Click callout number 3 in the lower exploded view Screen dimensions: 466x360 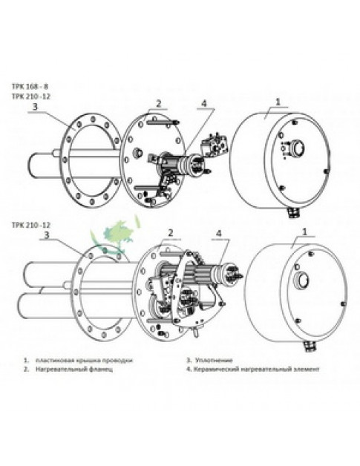(46, 236)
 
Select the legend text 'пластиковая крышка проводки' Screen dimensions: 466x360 (81, 359)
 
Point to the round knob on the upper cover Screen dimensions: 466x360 (296, 146)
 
